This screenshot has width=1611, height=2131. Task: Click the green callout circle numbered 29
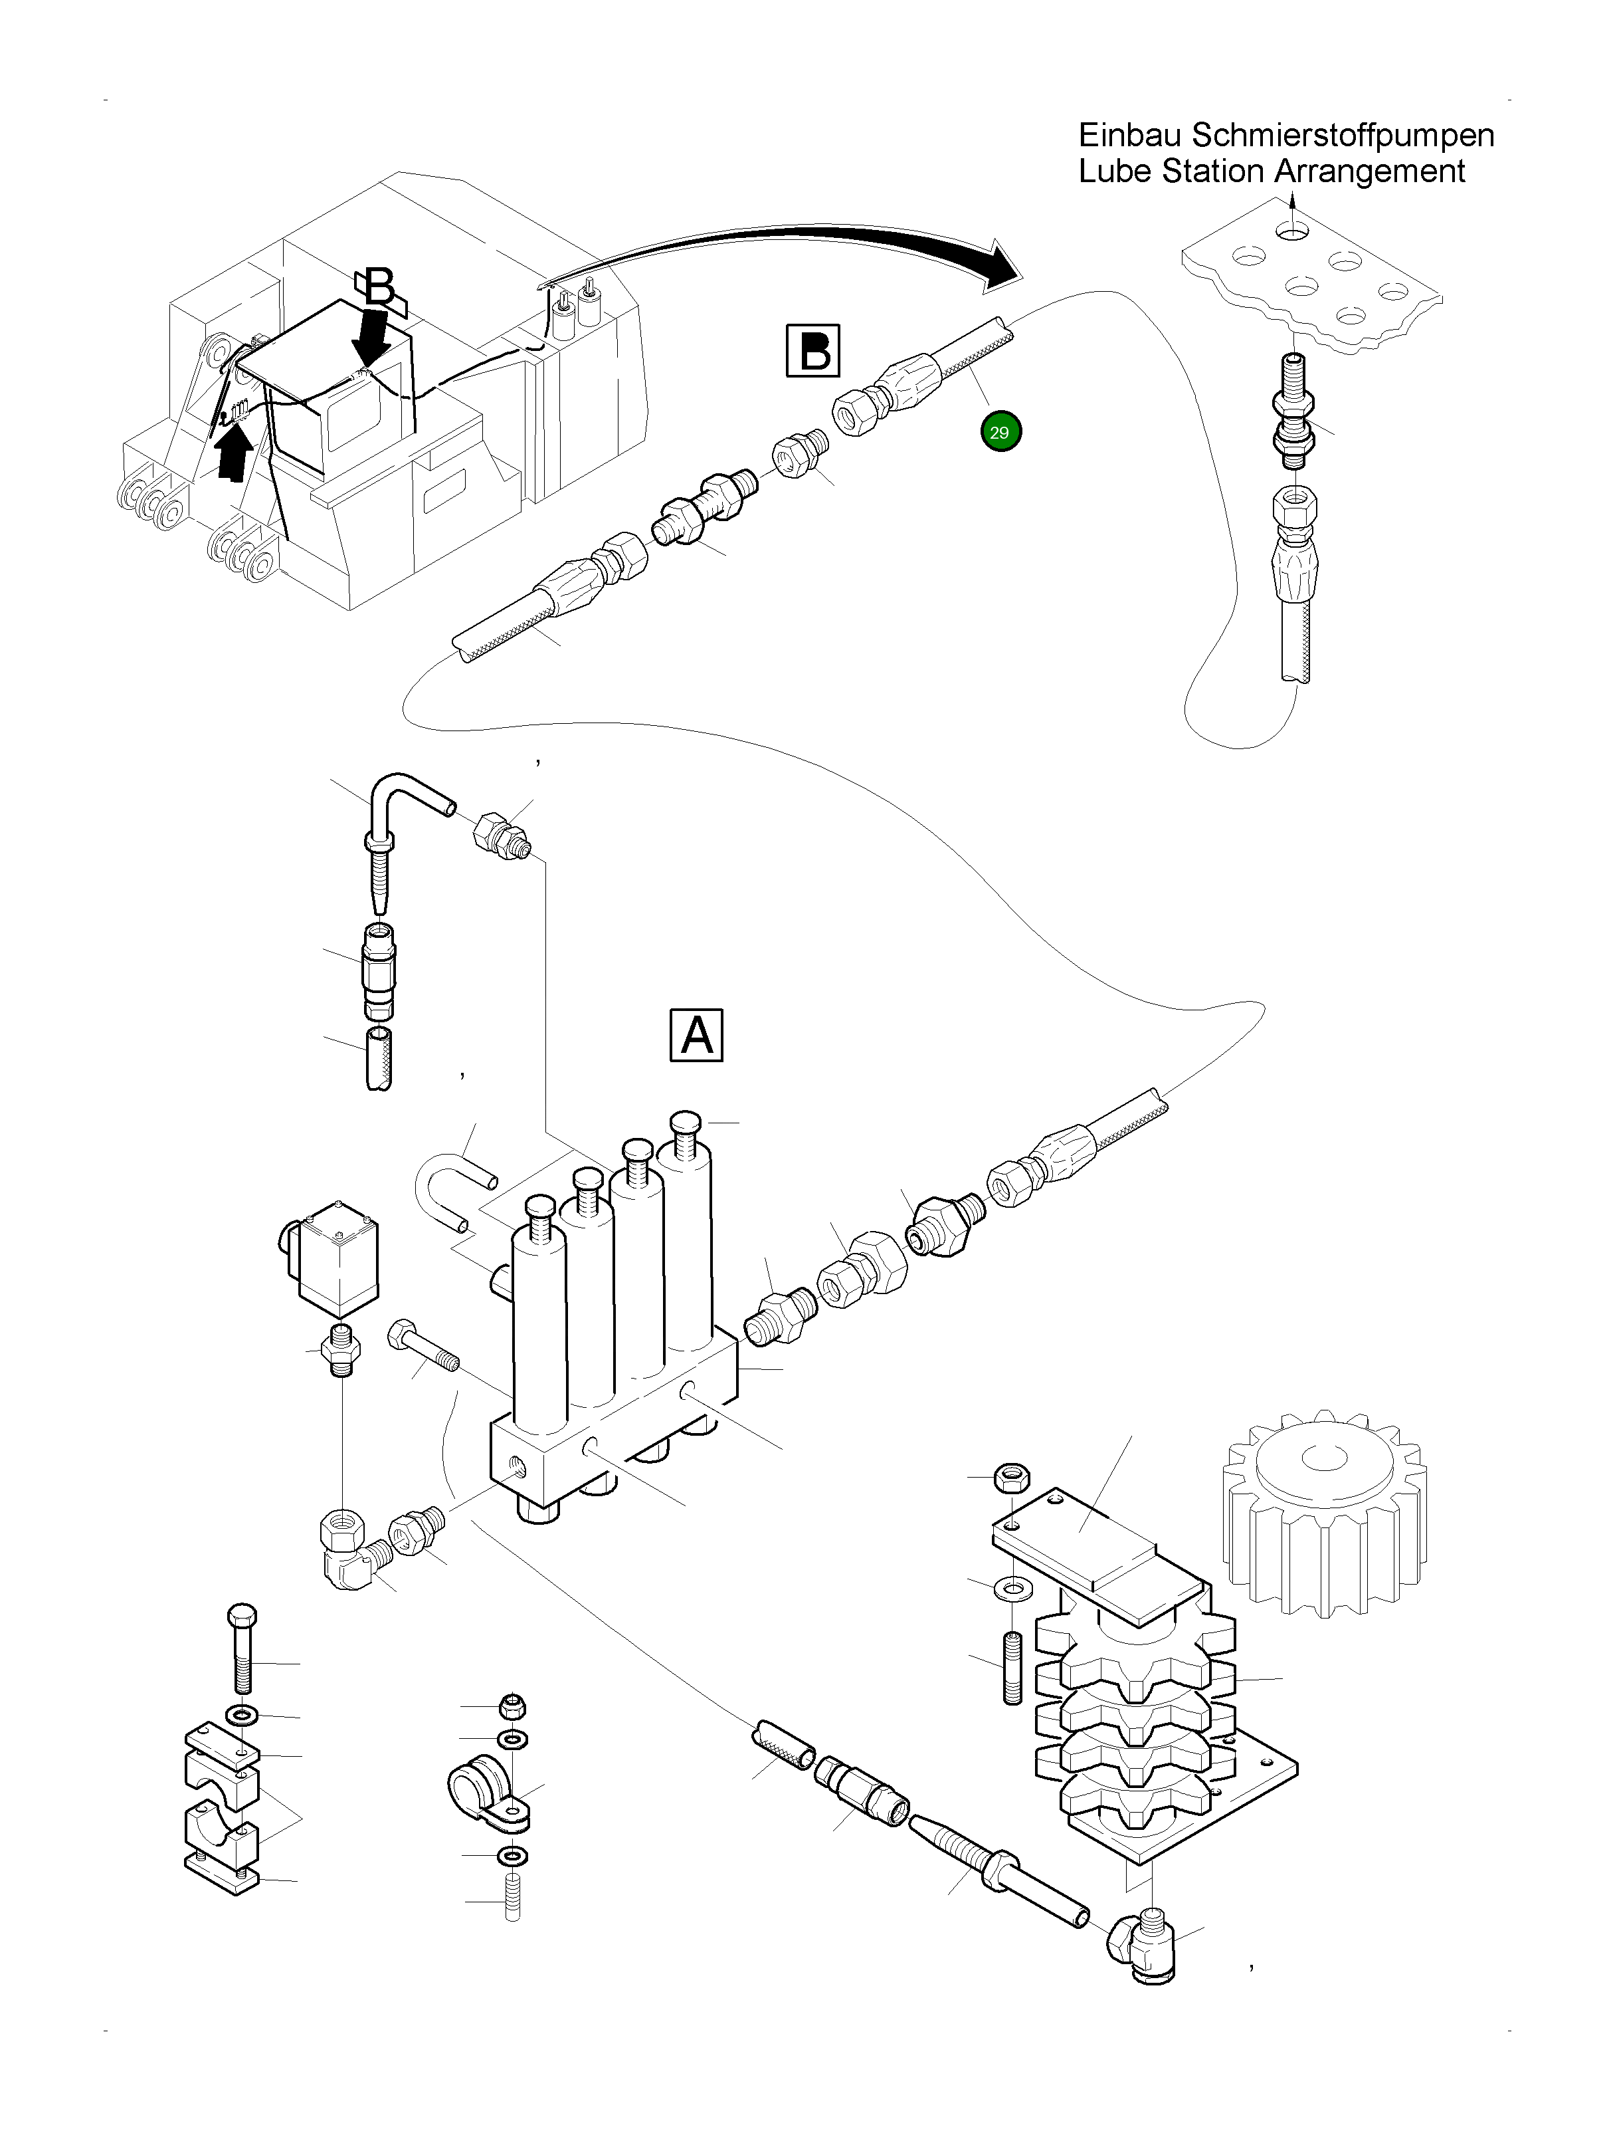(x=1000, y=433)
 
